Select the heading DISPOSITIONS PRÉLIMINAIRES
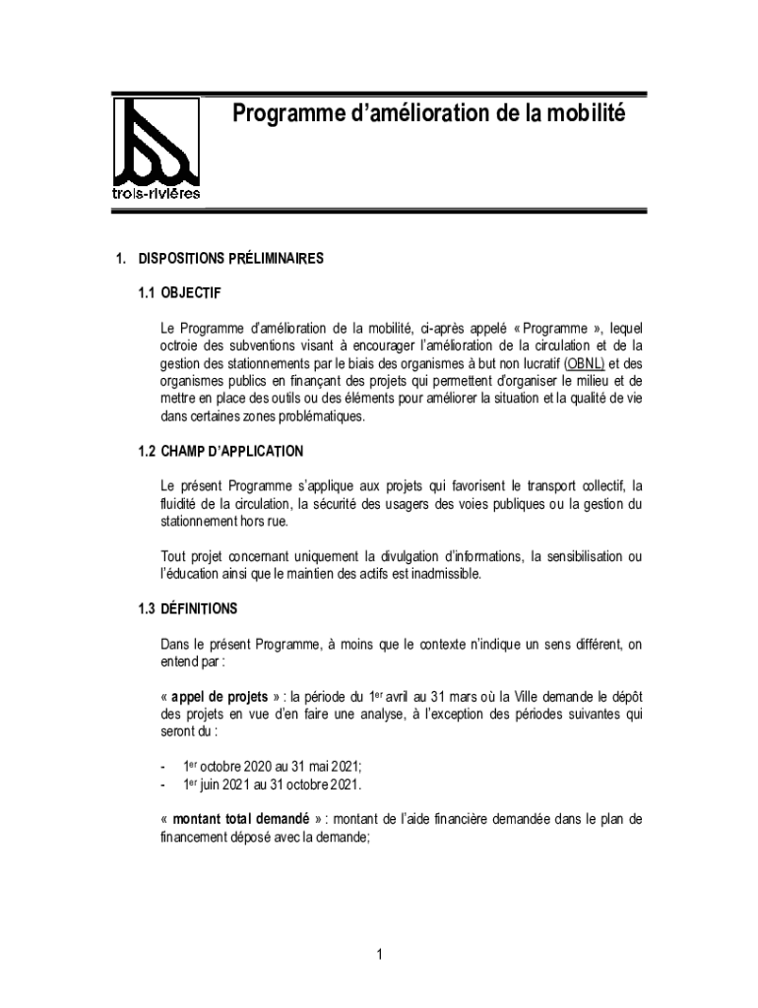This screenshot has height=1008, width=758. tap(230, 260)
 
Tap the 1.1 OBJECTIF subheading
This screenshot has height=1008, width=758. tap(180, 292)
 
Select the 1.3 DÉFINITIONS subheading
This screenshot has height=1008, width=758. tap(187, 608)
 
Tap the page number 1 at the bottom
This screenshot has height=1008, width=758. tap(379, 954)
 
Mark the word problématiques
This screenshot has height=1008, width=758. tap(316, 416)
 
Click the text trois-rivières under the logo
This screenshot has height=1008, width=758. tap(157, 193)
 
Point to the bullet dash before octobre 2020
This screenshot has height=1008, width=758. tap(162, 766)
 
